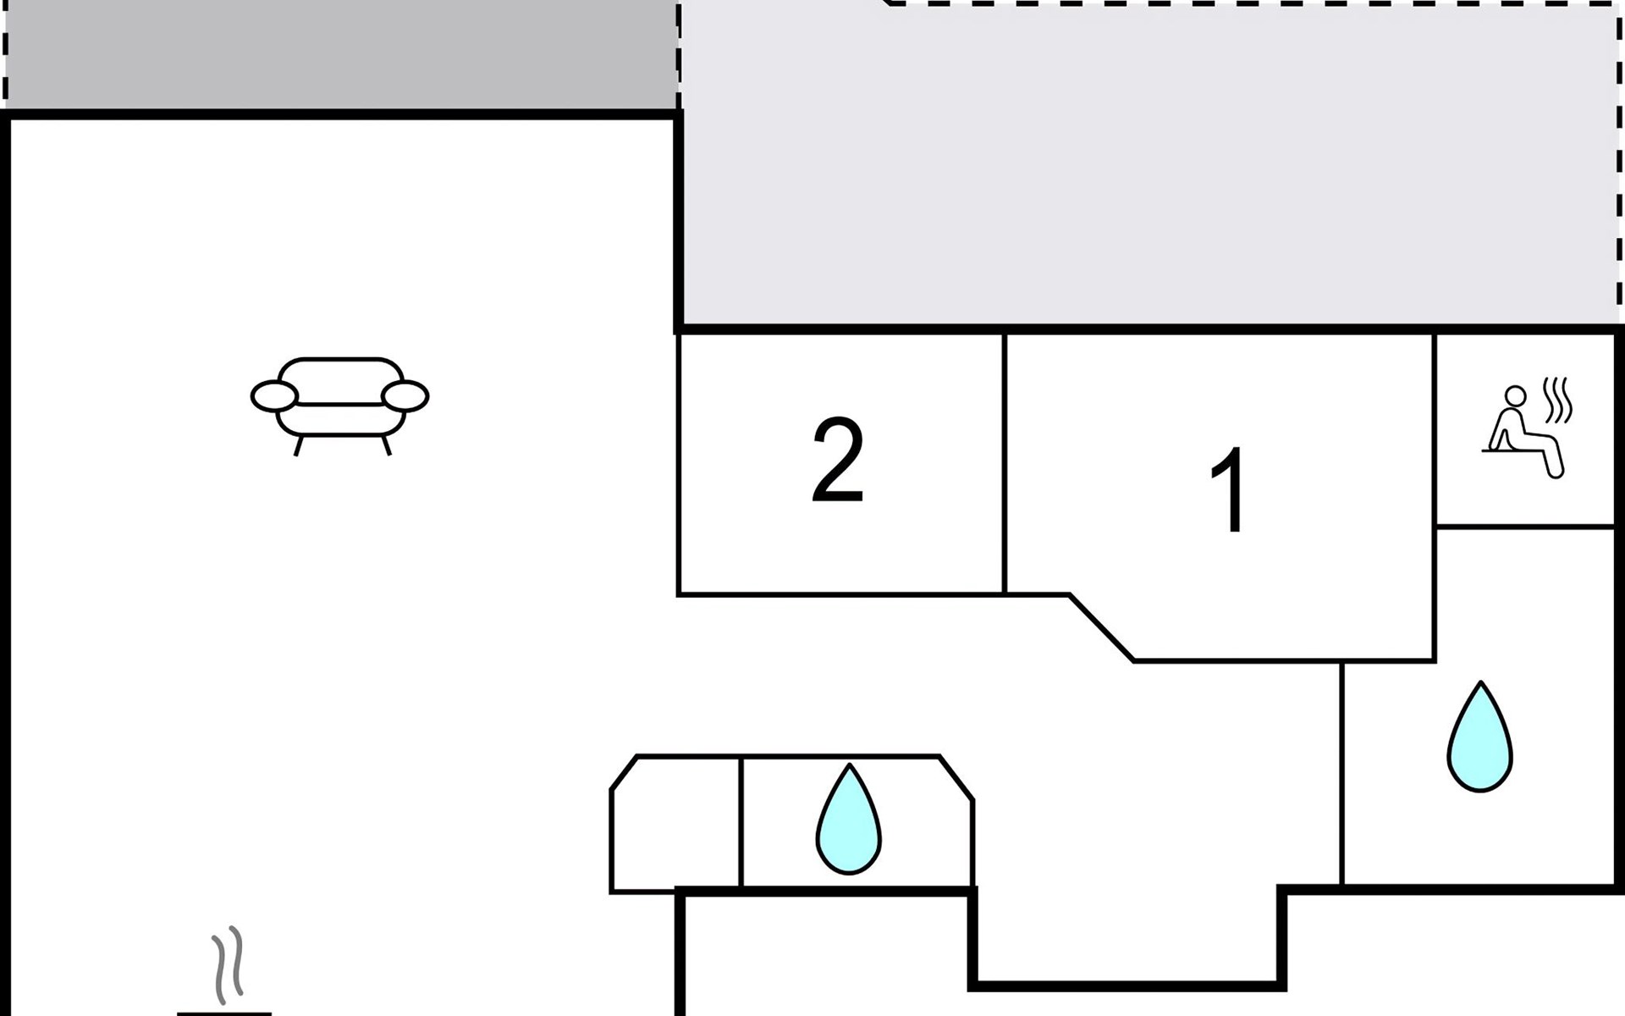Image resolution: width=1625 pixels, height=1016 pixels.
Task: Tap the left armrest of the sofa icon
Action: [x=274, y=396]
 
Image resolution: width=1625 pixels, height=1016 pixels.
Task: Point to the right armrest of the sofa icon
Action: [x=405, y=396]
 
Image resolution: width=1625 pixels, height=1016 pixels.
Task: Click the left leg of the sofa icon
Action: [x=299, y=445]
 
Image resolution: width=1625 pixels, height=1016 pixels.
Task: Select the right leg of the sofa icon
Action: [x=386, y=445]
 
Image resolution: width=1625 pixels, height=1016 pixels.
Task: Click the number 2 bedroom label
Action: [x=838, y=461]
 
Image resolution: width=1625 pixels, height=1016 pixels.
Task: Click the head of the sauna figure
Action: [x=1515, y=396]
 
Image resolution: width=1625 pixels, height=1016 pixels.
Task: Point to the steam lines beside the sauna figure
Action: [x=1557, y=400]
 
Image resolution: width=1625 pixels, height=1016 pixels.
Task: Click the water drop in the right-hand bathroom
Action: [x=1479, y=737]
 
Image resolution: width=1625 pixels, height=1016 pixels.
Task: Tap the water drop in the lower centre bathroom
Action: [x=848, y=819]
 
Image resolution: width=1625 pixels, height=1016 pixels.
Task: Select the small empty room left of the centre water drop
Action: [x=675, y=823]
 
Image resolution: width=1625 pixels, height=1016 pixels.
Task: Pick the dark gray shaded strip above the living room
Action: [x=340, y=54]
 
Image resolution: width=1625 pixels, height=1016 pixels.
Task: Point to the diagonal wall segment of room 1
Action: [x=1102, y=627]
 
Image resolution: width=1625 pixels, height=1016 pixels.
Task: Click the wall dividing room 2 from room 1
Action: [x=1005, y=464]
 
